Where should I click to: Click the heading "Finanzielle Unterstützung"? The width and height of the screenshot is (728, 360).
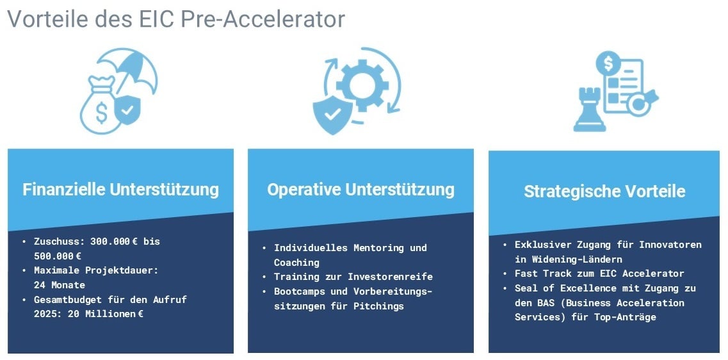coord(120,190)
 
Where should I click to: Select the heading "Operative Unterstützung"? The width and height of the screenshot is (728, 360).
coord(360,190)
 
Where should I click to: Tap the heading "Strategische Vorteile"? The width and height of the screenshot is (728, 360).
coord(604,192)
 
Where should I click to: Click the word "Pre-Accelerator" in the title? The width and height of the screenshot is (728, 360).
coord(263,19)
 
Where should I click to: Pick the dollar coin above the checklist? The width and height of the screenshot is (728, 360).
coord(608,63)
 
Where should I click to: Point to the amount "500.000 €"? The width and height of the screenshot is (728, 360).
coord(58,255)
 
